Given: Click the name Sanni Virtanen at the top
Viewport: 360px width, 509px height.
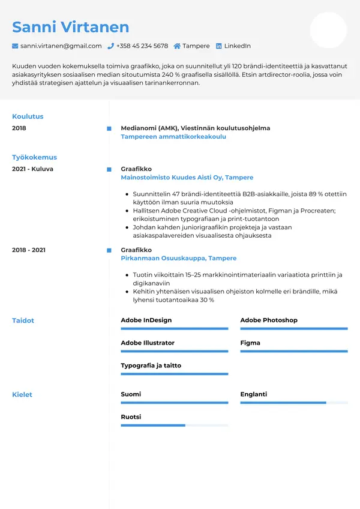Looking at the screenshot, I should coord(70,27).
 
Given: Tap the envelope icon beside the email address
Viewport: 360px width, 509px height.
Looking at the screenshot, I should coord(15,46).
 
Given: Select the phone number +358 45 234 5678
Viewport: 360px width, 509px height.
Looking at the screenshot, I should coord(142,46).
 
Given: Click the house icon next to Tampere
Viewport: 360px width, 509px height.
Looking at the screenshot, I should coord(177,46).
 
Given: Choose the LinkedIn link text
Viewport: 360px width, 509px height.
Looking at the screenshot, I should coord(237,46).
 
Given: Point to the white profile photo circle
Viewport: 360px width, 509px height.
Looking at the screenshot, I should coord(328,30).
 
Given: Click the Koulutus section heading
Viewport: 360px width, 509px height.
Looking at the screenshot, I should coord(28,116).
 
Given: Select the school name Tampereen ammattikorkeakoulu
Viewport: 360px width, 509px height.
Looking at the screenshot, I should coord(173,137).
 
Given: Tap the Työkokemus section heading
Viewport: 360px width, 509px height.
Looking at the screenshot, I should coord(34,157).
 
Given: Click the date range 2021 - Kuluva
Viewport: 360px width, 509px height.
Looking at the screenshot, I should coord(32,169).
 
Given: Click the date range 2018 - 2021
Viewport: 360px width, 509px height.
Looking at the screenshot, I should coord(29,250).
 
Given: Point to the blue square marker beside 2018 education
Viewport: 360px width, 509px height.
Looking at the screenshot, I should coord(109,128).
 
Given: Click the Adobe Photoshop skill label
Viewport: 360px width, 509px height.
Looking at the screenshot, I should coord(269,321).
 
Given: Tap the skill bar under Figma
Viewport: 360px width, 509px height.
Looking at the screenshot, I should coord(294,351).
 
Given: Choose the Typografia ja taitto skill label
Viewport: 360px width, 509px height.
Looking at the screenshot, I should coord(151,366).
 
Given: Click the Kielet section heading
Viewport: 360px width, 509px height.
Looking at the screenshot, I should coord(22,395).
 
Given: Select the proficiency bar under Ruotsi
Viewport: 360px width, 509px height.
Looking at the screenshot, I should coord(174,425).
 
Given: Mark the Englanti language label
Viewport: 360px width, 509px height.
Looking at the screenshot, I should coord(253,394).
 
